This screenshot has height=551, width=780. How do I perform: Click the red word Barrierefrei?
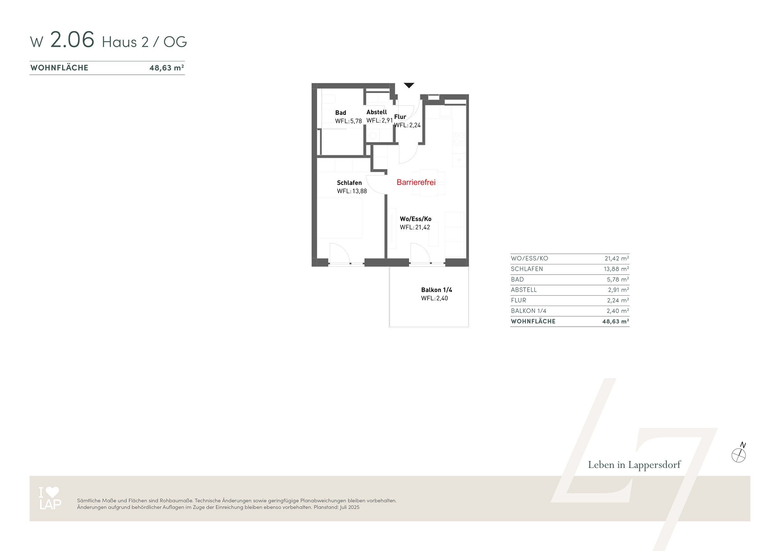[x=416, y=182]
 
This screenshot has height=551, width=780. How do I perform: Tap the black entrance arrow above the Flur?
[x=409, y=85]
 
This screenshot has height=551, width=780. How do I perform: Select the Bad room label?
[x=340, y=113]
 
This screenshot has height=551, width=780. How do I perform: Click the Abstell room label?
[x=376, y=112]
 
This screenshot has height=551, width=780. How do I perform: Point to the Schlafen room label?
[x=349, y=183]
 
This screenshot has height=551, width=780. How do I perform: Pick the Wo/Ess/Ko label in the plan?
[x=415, y=219]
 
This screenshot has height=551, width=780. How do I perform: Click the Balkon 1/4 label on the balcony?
[x=436, y=290]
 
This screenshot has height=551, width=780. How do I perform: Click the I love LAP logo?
[x=50, y=498]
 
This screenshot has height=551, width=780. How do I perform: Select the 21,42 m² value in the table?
[x=617, y=258]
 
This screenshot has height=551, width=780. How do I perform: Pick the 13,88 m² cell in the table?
[x=616, y=269]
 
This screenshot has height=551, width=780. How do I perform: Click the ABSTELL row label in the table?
[x=524, y=290]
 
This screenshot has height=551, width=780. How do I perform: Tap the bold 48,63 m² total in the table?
[x=616, y=321]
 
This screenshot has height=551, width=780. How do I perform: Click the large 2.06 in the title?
[x=72, y=39]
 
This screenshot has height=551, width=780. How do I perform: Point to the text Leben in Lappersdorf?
[x=634, y=465]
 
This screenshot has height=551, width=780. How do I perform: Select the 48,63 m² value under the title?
[x=167, y=67]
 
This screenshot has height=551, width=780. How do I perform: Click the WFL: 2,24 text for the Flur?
[x=407, y=125]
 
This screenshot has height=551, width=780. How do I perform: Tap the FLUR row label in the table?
[x=518, y=300]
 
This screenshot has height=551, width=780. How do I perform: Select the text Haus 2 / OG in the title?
[x=145, y=42]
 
